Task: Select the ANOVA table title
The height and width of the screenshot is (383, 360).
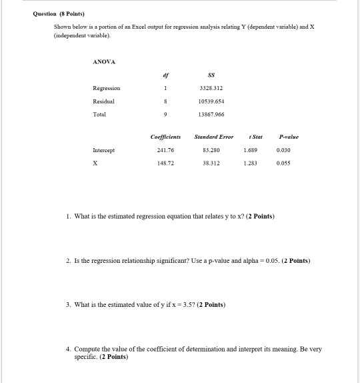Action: (104, 61)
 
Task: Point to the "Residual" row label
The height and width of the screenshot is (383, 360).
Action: (103, 101)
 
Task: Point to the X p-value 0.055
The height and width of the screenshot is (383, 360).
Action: (289, 163)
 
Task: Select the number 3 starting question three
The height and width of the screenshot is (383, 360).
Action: (68, 305)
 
